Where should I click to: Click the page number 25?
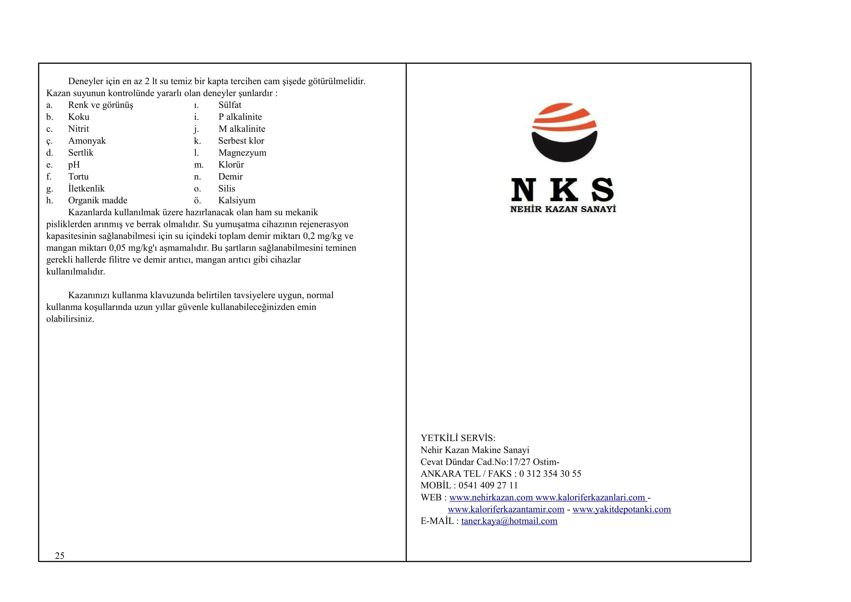[x=60, y=555]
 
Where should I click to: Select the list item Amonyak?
[x=87, y=141]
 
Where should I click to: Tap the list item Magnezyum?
[x=242, y=153]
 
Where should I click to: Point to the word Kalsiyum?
[x=236, y=201]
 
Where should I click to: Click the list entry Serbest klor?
[x=241, y=141]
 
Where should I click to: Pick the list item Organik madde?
[x=98, y=201]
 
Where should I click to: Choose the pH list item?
[x=74, y=165]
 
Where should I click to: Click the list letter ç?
[x=49, y=141]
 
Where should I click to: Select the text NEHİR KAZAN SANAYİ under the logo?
[x=563, y=209]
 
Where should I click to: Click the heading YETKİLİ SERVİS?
[x=458, y=438]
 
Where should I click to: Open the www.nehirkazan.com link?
[x=491, y=497]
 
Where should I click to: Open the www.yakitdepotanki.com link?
[x=621, y=509]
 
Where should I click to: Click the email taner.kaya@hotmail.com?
[x=509, y=521]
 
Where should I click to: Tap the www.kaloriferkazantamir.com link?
[x=506, y=509]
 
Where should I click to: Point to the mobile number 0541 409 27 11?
[x=488, y=485]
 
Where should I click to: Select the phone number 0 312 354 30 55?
[x=550, y=474]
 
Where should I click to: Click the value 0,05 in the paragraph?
[x=117, y=248]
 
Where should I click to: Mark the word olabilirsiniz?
[x=70, y=319]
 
